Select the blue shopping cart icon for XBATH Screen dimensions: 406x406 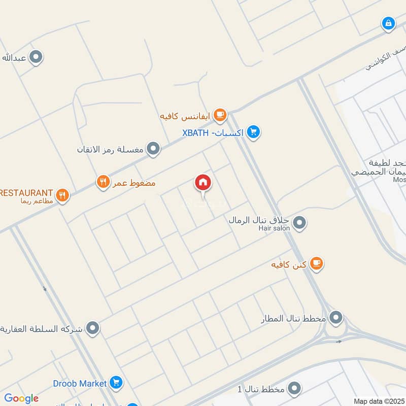point(254,132)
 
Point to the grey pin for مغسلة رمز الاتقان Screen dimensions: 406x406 point(153,149)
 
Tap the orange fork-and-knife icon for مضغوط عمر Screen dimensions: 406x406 point(103,182)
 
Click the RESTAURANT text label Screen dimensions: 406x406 point(26,193)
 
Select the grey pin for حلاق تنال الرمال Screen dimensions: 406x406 point(299,222)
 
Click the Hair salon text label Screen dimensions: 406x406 point(274,228)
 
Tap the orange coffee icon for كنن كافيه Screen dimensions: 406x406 point(316,263)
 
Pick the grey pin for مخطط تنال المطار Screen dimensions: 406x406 point(335,319)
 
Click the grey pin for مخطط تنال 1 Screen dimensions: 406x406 point(294,389)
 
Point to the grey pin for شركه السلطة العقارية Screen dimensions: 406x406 point(92,329)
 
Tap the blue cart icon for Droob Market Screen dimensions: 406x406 point(116,383)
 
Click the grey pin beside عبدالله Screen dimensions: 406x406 point(36,57)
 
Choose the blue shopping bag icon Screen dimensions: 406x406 point(388,23)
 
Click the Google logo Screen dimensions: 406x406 point(21,398)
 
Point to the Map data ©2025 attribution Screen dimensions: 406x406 point(379,401)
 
